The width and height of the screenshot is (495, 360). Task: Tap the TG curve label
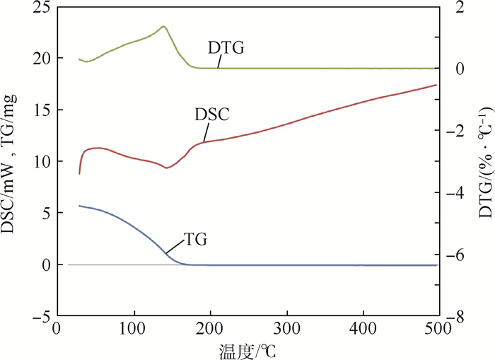coord(195,240)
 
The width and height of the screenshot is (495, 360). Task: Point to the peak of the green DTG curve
coord(163,27)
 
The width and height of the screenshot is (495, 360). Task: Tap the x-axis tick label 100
coord(132,330)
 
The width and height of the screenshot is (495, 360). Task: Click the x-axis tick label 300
coord(286,330)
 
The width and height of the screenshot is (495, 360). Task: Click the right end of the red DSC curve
coord(436,85)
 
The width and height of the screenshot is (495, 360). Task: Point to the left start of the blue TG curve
coord(79,206)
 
